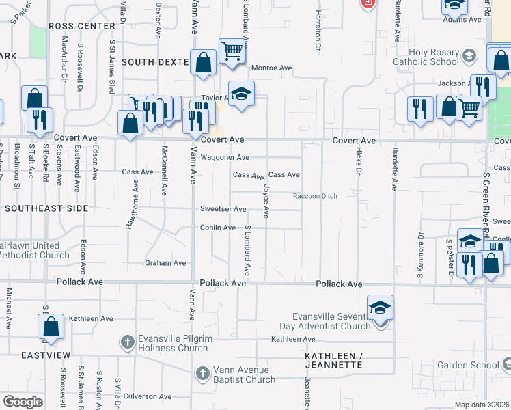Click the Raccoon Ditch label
[315, 196]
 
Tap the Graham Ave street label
[165, 263]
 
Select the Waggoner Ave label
[225, 157]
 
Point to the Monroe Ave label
[271, 68]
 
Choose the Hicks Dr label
[358, 163]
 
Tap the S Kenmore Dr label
[422, 249]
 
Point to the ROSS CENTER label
[82, 26]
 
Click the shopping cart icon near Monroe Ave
[232, 51]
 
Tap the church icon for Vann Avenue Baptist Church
[202, 374]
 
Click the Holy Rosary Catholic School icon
[468, 55]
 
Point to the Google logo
[23, 402]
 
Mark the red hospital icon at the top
[368, 3]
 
